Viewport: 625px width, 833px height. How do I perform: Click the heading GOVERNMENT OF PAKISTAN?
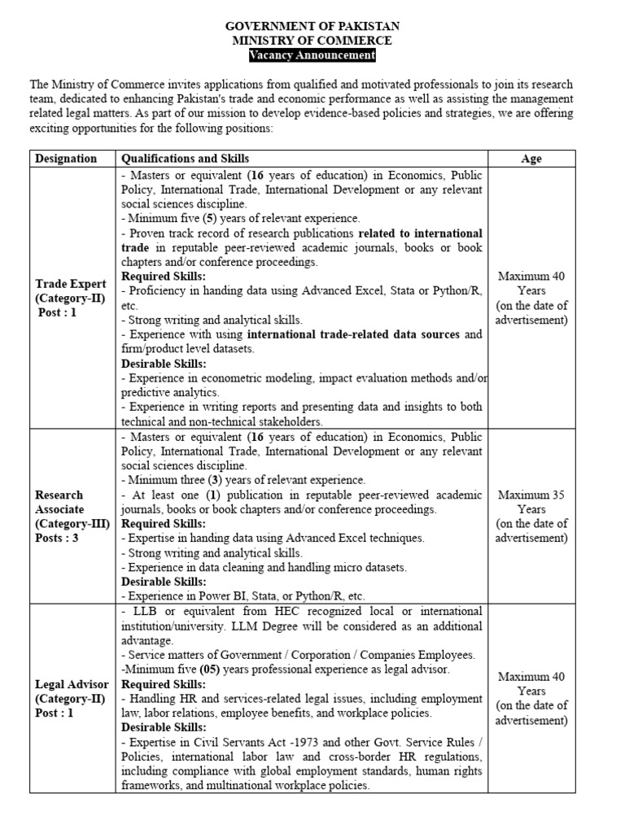(x=312, y=26)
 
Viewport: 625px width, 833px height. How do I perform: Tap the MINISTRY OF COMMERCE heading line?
(x=312, y=40)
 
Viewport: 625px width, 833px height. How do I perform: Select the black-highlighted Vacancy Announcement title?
(x=312, y=55)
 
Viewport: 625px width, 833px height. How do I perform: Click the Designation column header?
(x=67, y=159)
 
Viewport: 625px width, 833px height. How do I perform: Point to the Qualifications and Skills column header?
(x=186, y=159)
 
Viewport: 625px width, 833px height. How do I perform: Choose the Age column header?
(x=531, y=159)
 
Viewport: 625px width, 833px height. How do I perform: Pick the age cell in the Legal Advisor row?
(x=531, y=698)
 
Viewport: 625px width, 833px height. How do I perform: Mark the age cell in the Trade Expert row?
(x=531, y=298)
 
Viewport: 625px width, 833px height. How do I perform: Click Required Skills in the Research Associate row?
(x=164, y=523)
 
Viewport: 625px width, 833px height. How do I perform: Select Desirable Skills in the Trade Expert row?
(x=164, y=364)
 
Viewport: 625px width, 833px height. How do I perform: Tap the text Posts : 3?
(x=57, y=538)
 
